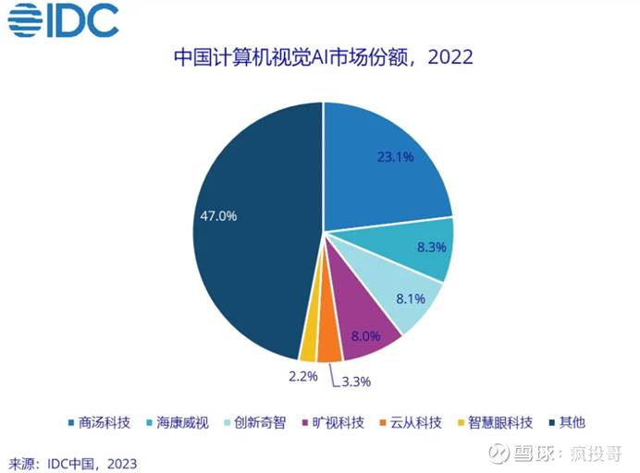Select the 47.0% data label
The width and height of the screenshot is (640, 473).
[218, 216]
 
